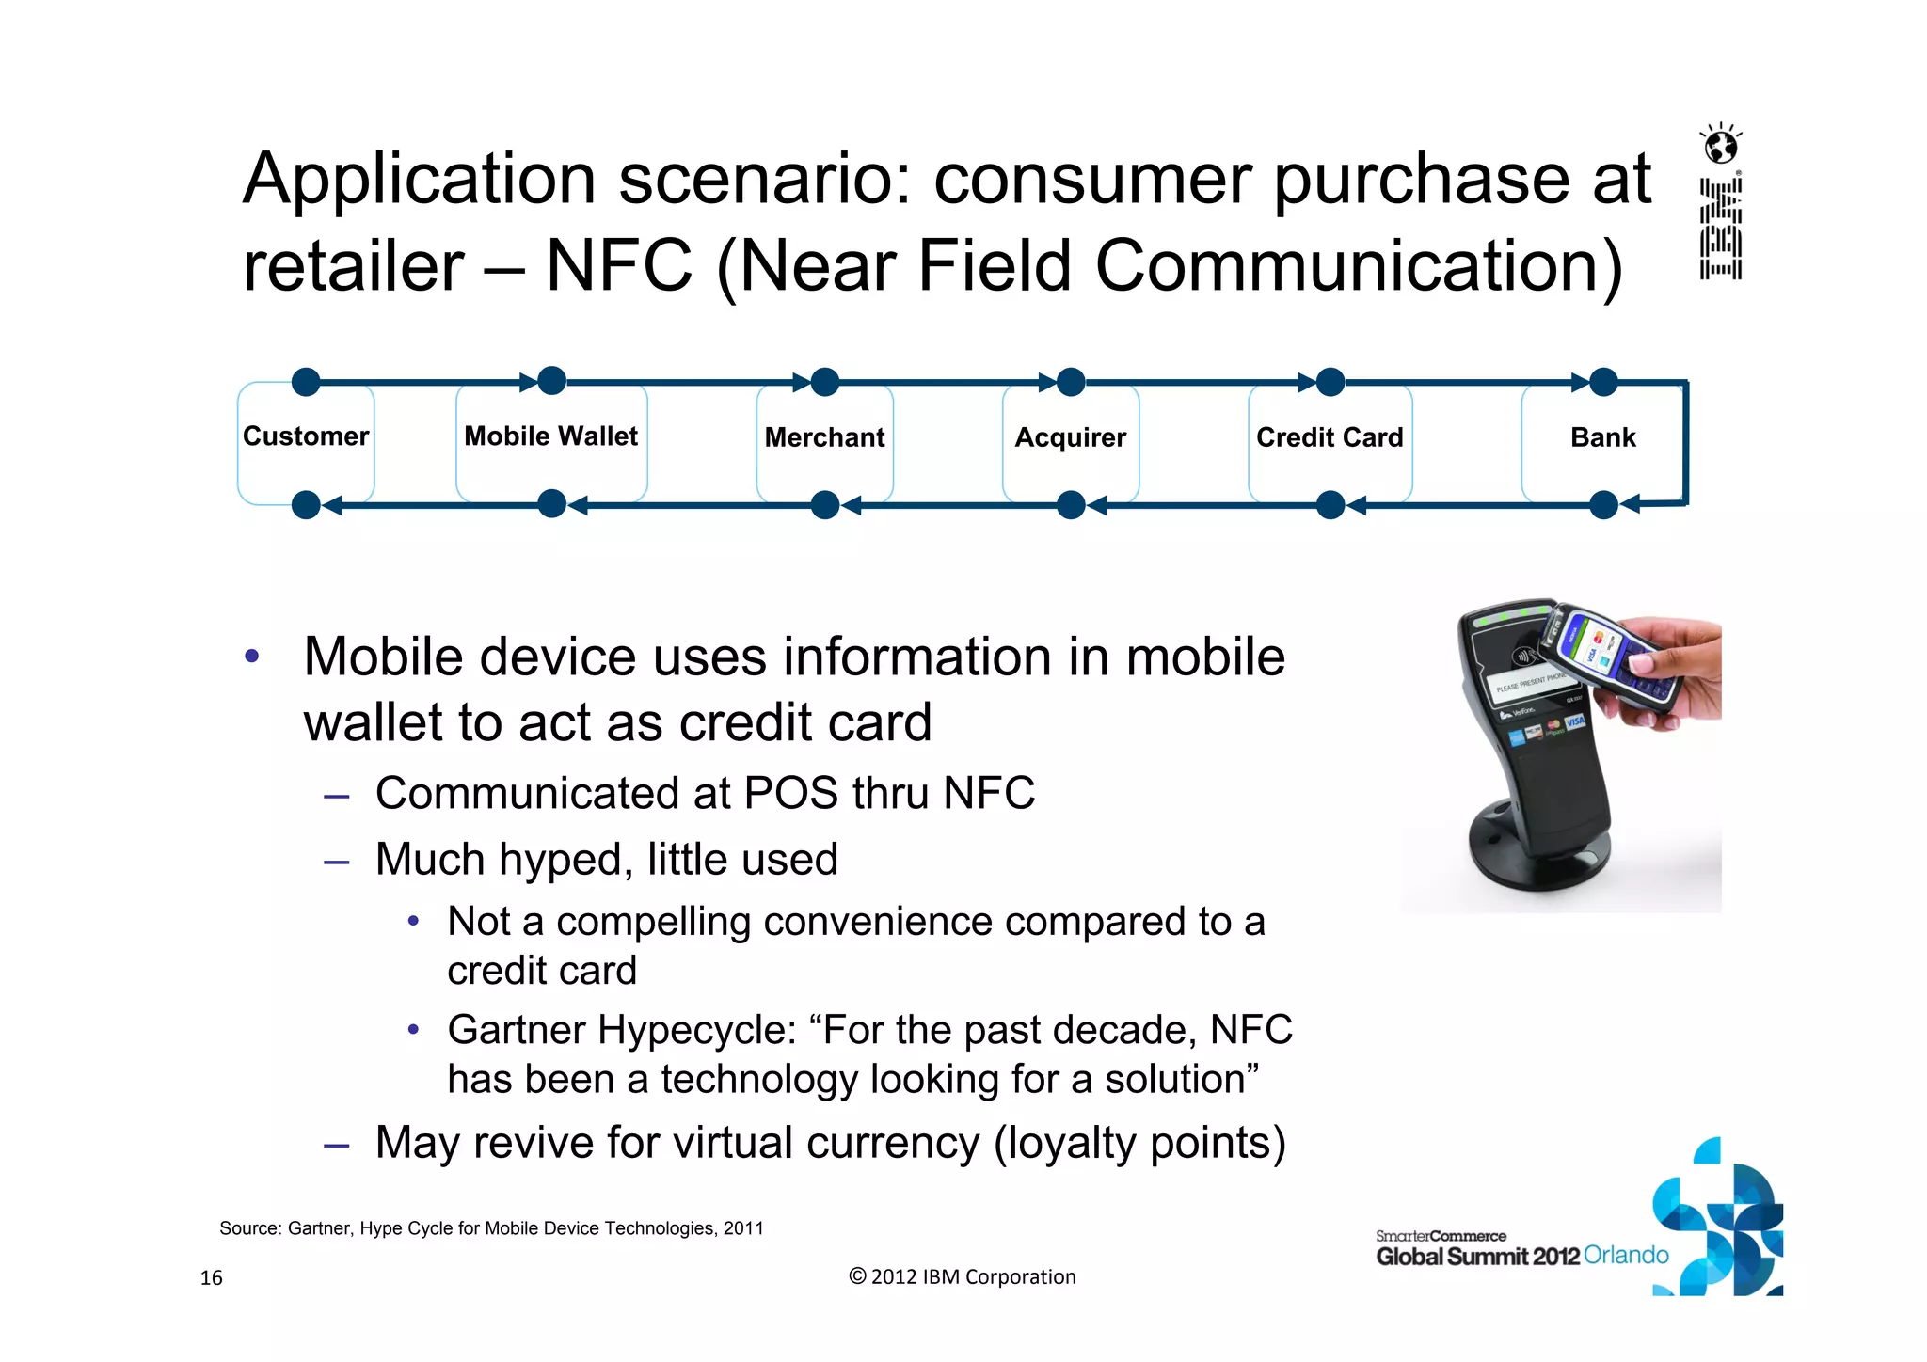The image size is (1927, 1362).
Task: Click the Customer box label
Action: pyautogui.click(x=306, y=436)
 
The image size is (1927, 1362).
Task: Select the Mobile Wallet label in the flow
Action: pyautogui.click(x=551, y=436)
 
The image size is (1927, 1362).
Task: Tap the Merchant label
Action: pyautogui.click(x=824, y=437)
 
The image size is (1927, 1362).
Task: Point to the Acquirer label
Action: pyautogui.click(x=1070, y=437)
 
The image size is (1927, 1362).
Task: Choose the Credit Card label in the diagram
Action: pyautogui.click(x=1330, y=437)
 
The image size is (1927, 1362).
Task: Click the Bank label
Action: pyautogui.click(x=1602, y=437)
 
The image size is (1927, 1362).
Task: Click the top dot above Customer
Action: pyautogui.click(x=306, y=382)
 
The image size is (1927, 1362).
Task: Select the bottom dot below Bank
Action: pyautogui.click(x=1603, y=505)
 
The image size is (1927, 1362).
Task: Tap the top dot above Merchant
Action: pyautogui.click(x=825, y=382)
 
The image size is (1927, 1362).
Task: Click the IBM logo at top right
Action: pyautogui.click(x=1721, y=230)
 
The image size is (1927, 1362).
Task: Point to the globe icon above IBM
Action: pyautogui.click(x=1722, y=147)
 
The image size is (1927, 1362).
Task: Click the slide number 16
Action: pyautogui.click(x=212, y=1277)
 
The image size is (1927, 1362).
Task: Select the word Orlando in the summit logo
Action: pyautogui.click(x=1626, y=1255)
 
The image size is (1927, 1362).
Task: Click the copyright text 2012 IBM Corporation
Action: pyautogui.click(x=963, y=1276)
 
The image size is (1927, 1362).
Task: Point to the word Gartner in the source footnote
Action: pyautogui.click(x=318, y=1228)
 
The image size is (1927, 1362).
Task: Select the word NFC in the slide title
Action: pyautogui.click(x=618, y=266)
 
